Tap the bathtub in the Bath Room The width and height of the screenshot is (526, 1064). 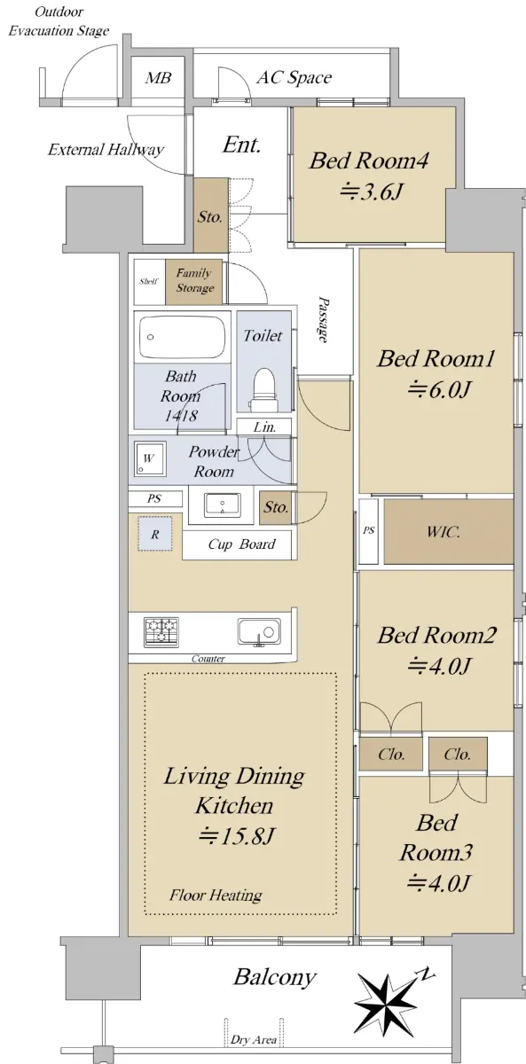click(182, 337)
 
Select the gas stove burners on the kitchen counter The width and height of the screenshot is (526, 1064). click(161, 631)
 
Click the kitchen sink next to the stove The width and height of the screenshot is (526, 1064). click(259, 632)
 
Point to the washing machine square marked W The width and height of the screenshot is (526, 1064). click(150, 458)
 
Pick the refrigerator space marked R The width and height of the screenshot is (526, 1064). click(155, 534)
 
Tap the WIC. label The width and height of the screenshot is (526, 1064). click(443, 531)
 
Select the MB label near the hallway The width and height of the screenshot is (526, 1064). click(158, 77)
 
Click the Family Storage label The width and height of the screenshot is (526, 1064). click(194, 280)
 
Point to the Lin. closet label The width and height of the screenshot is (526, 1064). click(264, 427)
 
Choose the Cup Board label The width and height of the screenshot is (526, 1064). click(242, 544)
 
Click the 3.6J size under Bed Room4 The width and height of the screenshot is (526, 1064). click(372, 192)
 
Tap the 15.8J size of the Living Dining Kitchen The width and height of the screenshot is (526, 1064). click(236, 836)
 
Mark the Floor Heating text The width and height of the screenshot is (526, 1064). click(216, 896)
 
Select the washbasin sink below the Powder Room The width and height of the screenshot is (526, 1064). click(222, 505)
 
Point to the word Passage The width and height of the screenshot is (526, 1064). click(324, 320)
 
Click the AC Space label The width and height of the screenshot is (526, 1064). click(294, 78)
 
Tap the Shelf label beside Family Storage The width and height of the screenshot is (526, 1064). click(149, 281)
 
